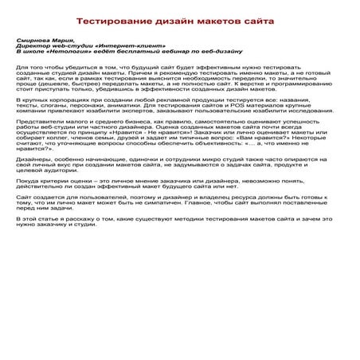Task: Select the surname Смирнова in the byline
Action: click(36, 39)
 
